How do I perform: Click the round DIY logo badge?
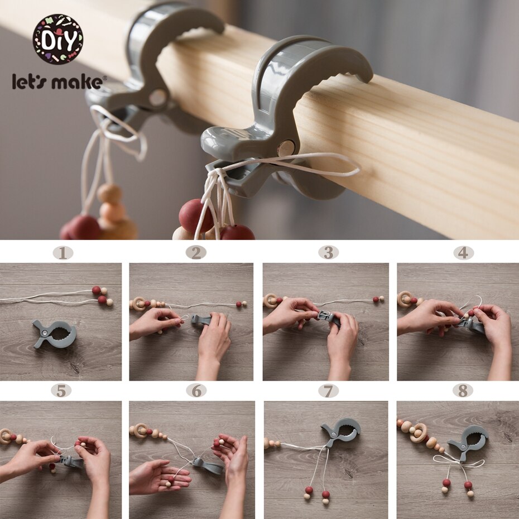[x=58, y=39]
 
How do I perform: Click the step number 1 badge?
[x=63, y=253]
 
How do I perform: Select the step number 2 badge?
[x=196, y=253]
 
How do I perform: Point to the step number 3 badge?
[x=328, y=253]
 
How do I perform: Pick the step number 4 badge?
[x=463, y=253]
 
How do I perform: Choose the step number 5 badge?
[x=61, y=391]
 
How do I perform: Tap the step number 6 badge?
[x=196, y=391]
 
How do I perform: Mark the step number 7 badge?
[x=328, y=391]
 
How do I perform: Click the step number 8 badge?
[x=463, y=391]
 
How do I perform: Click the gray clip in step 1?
[x=55, y=334]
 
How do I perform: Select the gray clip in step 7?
[x=342, y=432]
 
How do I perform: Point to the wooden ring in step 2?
[x=139, y=304]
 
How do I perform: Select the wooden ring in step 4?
[x=405, y=299]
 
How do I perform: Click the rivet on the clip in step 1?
[x=44, y=332]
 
